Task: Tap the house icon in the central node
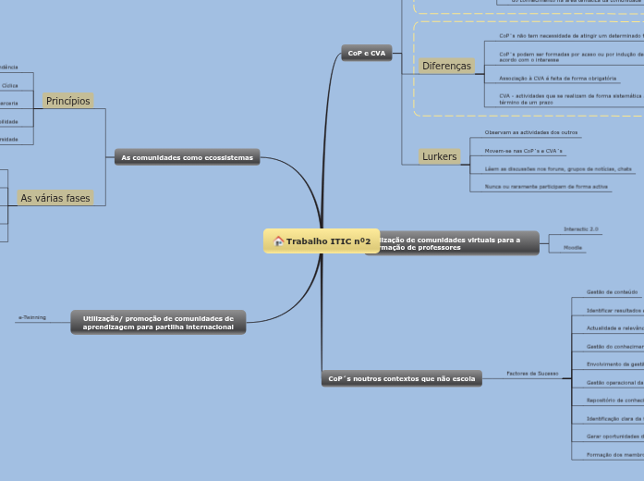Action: (x=278, y=241)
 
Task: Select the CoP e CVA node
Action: (x=367, y=54)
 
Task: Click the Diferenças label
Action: (x=446, y=67)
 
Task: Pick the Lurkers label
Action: (x=440, y=156)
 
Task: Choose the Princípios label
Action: (x=68, y=101)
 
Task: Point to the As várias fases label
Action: (x=55, y=198)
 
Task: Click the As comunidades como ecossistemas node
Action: (x=187, y=158)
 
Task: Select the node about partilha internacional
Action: (x=158, y=322)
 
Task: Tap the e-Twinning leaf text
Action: (x=31, y=317)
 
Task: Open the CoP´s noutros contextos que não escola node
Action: (x=402, y=378)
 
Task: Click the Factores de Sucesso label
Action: (x=532, y=374)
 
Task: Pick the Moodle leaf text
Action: (x=573, y=248)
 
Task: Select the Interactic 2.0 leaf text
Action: (x=581, y=228)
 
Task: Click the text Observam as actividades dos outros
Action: (x=531, y=133)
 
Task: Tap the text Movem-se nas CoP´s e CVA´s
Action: (x=523, y=151)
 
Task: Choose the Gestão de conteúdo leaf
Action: (x=606, y=291)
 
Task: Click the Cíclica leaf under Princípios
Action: (x=9, y=85)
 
